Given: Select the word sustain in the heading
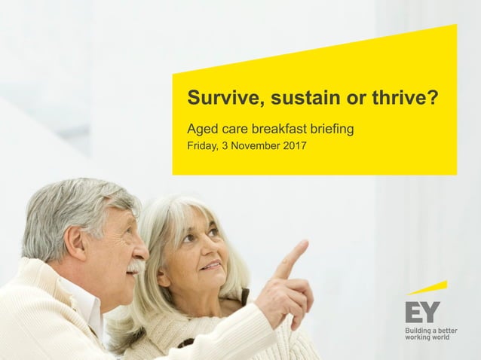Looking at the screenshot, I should pos(288,99).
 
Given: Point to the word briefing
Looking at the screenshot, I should pos(330,130).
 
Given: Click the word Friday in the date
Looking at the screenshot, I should pos(203,146).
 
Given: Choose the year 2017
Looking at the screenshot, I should pos(294,146).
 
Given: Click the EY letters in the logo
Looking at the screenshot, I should pos(422,312).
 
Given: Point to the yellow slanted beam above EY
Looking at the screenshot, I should pos(428,288).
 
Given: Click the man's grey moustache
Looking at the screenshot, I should pos(136,267).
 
